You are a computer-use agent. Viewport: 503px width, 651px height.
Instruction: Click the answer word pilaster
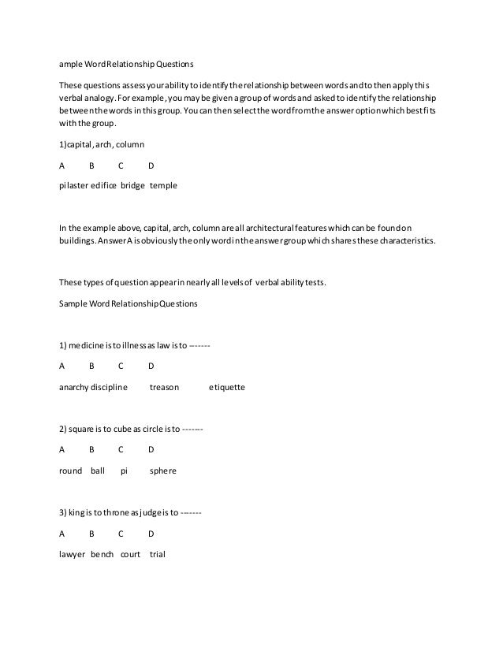[x=73, y=186]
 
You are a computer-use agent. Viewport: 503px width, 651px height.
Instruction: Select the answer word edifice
[x=105, y=186]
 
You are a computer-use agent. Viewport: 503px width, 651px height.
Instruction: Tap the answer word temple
[x=163, y=186]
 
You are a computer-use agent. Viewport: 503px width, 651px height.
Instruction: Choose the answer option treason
[x=164, y=388]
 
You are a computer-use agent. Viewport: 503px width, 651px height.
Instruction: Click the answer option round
[x=71, y=471]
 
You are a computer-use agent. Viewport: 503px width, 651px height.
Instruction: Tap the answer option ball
[x=98, y=471]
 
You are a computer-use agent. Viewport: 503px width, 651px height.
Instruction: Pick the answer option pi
[x=124, y=471]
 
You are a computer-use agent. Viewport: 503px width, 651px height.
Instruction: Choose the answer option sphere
[x=163, y=471]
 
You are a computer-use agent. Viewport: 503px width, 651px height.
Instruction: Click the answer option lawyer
[x=72, y=553]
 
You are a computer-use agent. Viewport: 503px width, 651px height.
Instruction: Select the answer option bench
[x=102, y=553]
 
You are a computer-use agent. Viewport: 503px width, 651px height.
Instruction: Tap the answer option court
[x=130, y=553]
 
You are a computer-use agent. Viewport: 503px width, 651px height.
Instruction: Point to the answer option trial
[x=158, y=553]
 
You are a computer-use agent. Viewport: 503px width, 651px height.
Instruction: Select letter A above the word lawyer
[x=62, y=533]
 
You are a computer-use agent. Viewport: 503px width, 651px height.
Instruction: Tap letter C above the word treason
[x=121, y=366]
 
